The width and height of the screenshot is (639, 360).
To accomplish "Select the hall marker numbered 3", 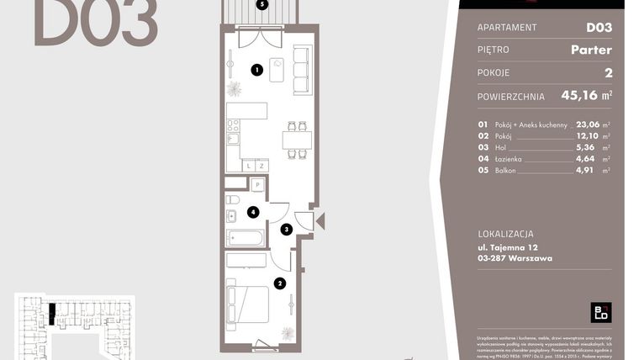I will pyautogui.click(x=286, y=229).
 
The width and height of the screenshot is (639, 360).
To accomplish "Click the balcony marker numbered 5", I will pyautogui.click(x=262, y=4).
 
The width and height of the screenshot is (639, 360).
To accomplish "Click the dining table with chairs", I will pyautogui.click(x=296, y=139).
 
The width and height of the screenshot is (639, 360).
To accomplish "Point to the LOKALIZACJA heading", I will pyautogui.click(x=504, y=233).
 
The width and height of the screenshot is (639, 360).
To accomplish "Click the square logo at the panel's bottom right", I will pyautogui.click(x=600, y=312).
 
